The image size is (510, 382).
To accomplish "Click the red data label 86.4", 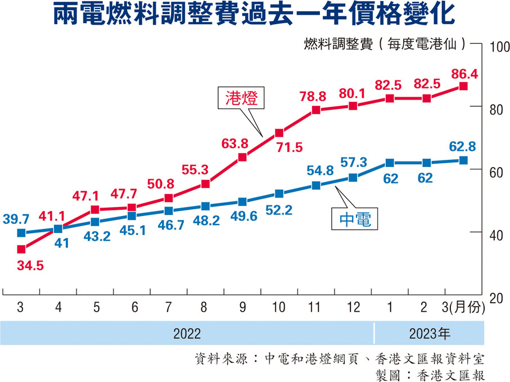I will tap(463, 73).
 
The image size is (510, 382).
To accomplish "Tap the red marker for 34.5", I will tap(21, 249).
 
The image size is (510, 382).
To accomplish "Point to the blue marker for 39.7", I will tap(21, 233).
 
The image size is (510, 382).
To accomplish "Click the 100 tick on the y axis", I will tap(497, 46).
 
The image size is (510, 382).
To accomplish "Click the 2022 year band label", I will tap(187, 333).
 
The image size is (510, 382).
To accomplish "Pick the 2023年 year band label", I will tap(429, 333).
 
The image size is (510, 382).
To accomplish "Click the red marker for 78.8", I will tap(316, 110).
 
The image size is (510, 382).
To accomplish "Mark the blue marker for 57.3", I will tap(353, 178).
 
